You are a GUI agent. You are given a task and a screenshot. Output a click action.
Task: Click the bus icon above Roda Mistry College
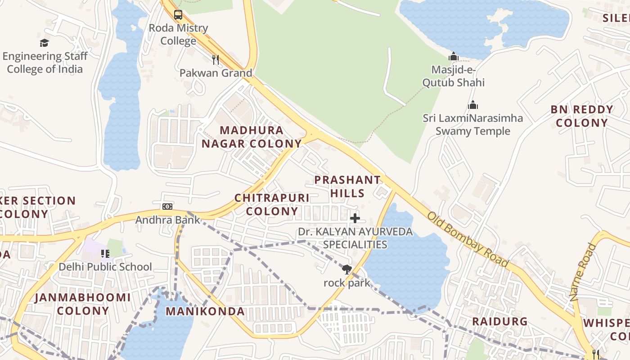(x=178, y=14)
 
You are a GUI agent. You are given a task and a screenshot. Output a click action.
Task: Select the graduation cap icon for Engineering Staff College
(x=44, y=43)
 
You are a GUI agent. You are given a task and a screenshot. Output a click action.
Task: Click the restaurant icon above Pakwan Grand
(x=216, y=59)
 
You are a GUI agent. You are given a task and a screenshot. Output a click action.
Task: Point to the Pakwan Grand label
(x=216, y=73)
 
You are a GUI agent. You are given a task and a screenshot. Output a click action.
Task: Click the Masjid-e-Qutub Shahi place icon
(x=453, y=56)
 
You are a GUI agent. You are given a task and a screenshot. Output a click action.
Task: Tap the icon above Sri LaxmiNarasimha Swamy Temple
(x=472, y=105)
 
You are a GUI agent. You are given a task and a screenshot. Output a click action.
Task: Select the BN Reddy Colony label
(x=582, y=116)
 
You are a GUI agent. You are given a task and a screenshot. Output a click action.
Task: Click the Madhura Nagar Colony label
(x=252, y=137)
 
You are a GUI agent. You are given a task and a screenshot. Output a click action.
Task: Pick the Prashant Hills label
(x=347, y=186)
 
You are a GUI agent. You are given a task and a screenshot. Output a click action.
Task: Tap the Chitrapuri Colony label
(x=272, y=204)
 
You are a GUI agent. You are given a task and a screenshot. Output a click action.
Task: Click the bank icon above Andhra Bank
(x=167, y=207)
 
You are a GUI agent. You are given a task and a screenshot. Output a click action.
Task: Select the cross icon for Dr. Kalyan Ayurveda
(x=355, y=219)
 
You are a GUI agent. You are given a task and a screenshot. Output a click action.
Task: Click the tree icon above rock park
(x=346, y=270)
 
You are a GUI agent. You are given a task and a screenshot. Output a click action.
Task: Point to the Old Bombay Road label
(x=468, y=239)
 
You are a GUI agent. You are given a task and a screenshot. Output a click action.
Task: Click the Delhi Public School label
(x=105, y=267)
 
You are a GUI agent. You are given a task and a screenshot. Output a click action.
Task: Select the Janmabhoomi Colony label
(x=83, y=304)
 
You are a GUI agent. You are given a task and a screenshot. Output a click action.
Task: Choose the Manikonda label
(x=205, y=311)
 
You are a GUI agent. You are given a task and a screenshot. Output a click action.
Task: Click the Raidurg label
(x=499, y=321)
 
